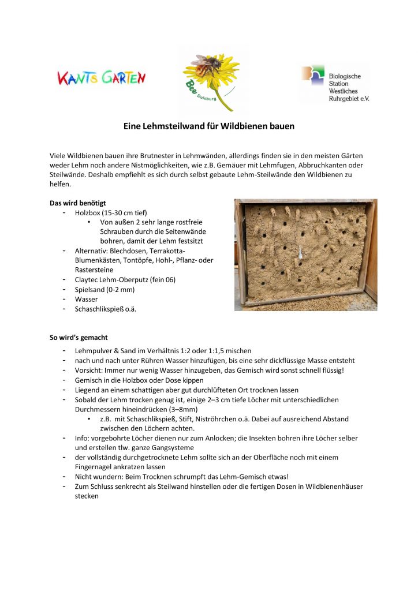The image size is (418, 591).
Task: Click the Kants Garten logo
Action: point(102,77)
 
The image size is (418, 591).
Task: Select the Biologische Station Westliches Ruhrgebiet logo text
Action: point(349,87)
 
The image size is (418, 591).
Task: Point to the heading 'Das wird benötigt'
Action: point(77,203)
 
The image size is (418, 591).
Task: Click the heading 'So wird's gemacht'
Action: point(79,337)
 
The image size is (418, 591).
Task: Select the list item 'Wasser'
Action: point(86,299)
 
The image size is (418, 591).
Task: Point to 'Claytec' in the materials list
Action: point(88,279)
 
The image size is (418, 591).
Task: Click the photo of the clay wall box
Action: point(305,255)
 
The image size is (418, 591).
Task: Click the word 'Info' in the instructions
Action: point(82,438)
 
